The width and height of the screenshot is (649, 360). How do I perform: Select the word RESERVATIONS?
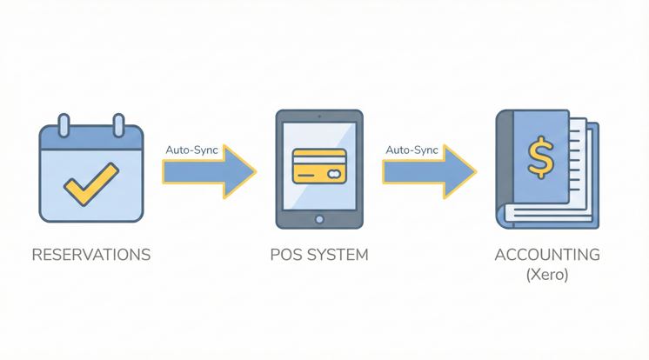coord(90,255)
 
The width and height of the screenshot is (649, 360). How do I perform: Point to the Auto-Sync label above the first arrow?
coord(191,150)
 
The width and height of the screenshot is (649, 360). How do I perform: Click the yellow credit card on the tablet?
coord(319,165)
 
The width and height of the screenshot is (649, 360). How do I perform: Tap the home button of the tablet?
coord(319,220)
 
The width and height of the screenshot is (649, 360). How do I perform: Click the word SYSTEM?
coord(337,255)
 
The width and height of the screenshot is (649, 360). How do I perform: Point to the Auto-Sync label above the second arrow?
coord(411,150)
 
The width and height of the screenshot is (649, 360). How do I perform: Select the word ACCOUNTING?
coord(547,255)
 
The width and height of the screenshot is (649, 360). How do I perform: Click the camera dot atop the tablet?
coord(319,117)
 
